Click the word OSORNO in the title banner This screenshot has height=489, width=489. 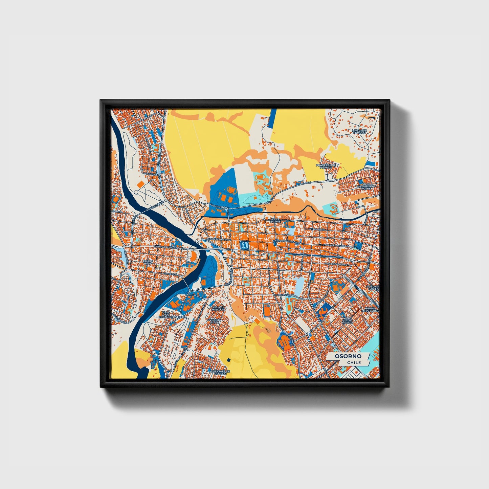point(348,356)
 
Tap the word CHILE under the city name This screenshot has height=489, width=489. point(354,362)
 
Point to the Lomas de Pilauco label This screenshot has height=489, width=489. point(359,131)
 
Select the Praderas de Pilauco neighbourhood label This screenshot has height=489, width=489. point(326,165)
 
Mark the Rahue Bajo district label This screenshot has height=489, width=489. point(148,262)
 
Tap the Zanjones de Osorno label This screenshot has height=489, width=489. point(220,372)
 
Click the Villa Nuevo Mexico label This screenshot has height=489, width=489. point(347,320)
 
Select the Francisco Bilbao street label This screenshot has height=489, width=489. point(336,264)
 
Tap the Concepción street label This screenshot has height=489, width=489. point(170,274)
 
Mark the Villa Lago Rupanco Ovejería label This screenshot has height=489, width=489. point(174,315)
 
